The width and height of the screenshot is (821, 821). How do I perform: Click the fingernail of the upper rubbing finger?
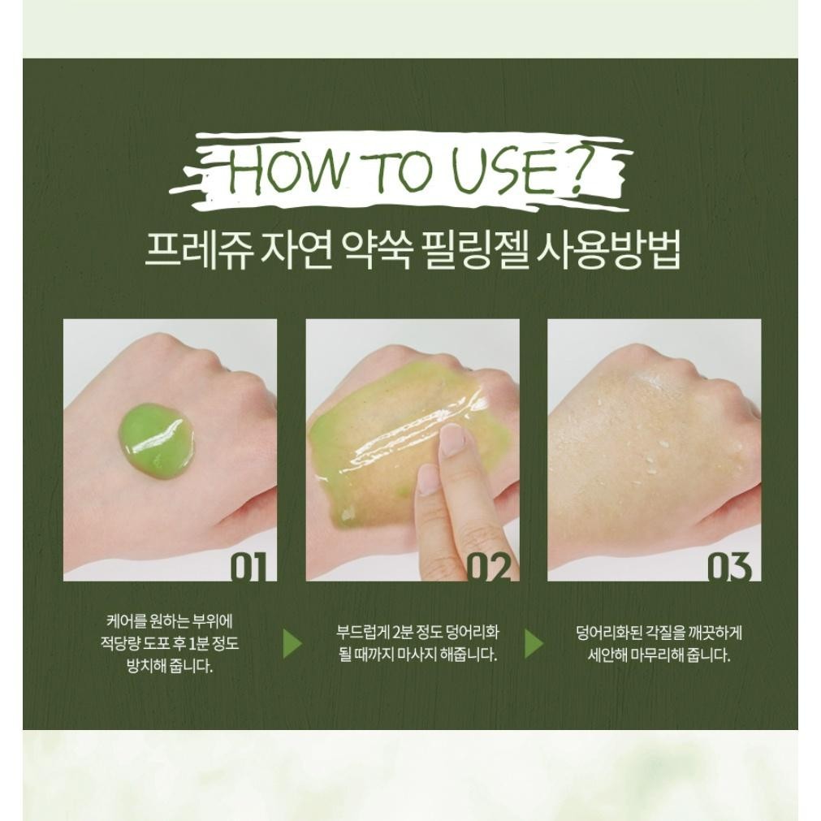452,440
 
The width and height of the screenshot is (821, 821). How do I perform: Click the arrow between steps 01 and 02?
292,643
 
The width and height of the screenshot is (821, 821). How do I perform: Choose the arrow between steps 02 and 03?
534,643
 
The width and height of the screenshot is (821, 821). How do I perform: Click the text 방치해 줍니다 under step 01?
171,666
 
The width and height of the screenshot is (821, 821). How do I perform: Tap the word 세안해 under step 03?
607,655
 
